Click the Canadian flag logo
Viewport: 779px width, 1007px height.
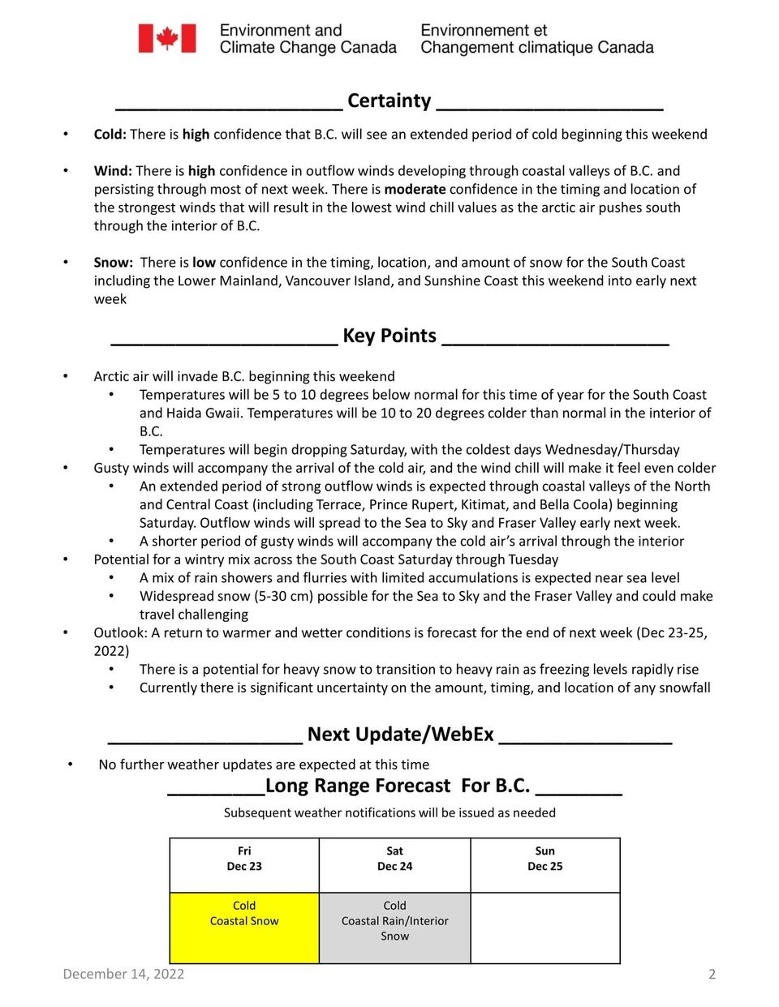[167, 38]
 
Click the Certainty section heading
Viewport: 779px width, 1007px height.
[389, 101]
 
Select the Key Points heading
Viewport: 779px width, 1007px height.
[389, 336]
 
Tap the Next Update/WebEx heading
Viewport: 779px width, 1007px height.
[400, 735]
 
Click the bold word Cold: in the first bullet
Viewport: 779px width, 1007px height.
[110, 135]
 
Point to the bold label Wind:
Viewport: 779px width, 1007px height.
[113, 171]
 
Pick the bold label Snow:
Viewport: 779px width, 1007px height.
[113, 263]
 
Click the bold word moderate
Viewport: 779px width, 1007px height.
[415, 190]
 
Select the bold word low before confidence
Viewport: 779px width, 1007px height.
[204, 263]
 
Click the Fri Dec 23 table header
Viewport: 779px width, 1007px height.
[244, 859]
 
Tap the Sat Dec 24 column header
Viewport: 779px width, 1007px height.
[394, 859]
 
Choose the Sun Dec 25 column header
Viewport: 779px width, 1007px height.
[544, 859]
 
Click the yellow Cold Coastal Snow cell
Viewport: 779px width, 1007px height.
[244, 927]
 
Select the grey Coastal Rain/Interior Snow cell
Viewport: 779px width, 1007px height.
[394, 927]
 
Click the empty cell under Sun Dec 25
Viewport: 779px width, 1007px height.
[544, 927]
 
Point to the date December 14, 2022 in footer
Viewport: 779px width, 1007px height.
[123, 975]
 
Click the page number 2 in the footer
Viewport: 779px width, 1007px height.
[712, 975]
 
